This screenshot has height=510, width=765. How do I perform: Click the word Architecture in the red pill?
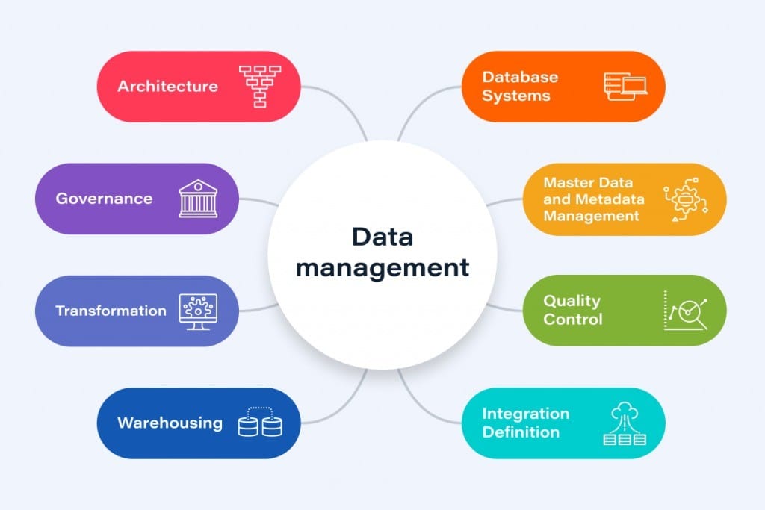point(167,86)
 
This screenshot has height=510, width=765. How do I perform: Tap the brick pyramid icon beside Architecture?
point(259,86)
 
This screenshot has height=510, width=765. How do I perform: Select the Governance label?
point(104,199)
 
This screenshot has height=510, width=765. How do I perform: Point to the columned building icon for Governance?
point(198,199)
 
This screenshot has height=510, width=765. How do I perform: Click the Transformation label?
point(111,311)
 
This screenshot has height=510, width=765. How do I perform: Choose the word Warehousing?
point(170,423)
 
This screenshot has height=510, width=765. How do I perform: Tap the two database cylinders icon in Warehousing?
point(260,423)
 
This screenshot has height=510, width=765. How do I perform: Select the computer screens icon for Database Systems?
point(625,86)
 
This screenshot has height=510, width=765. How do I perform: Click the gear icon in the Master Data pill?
point(684,199)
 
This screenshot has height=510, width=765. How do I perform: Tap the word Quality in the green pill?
point(572,301)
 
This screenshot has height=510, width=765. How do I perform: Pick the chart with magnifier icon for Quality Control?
point(685,311)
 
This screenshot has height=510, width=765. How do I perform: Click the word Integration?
point(525,413)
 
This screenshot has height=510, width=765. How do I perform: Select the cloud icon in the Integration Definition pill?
point(624,413)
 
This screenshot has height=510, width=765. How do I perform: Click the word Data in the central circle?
point(382,237)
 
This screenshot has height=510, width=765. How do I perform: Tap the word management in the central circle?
point(382,267)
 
